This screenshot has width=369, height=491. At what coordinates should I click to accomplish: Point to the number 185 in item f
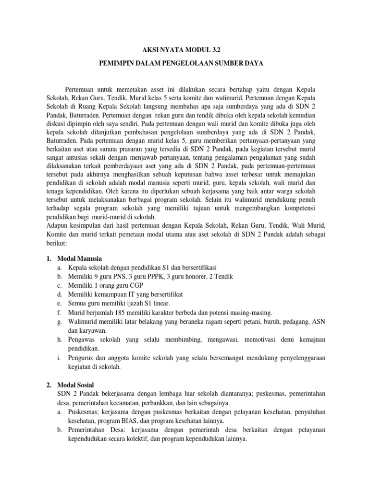click(120, 312)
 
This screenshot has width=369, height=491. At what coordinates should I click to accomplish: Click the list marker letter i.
click(58, 358)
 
